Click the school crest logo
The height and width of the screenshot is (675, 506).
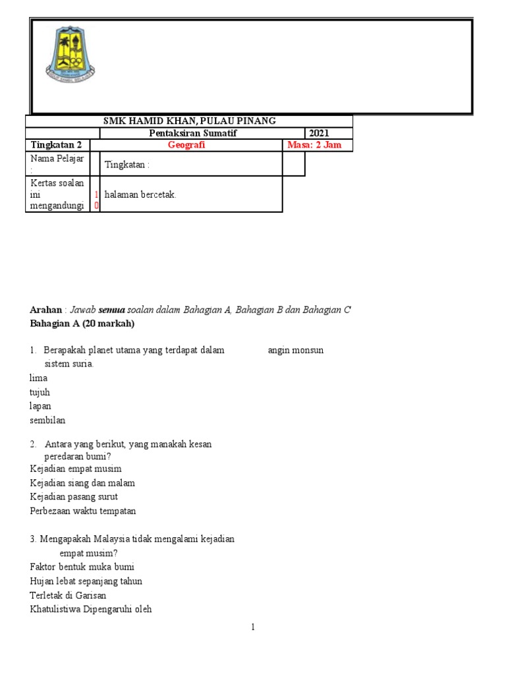tap(70, 53)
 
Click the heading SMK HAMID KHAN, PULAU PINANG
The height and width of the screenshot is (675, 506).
tap(190, 121)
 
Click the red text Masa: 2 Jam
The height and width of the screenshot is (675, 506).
tap(314, 145)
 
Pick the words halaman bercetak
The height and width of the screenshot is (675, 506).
tap(140, 195)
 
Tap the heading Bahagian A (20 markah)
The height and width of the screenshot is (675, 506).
tap(82, 324)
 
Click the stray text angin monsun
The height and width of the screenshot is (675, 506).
tap(295, 351)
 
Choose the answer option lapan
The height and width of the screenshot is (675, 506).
tap(40, 406)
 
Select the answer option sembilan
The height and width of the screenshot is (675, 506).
tap(47, 420)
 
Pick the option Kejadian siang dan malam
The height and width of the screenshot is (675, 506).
tap(82, 483)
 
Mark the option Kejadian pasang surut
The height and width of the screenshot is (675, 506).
tap(74, 497)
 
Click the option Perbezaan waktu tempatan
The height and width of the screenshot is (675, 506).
tap(83, 511)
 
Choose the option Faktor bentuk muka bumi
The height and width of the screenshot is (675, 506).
tap(82, 567)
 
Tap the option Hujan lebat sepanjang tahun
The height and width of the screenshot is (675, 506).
tap(86, 581)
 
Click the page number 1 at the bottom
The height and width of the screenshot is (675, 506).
tap(252, 628)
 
